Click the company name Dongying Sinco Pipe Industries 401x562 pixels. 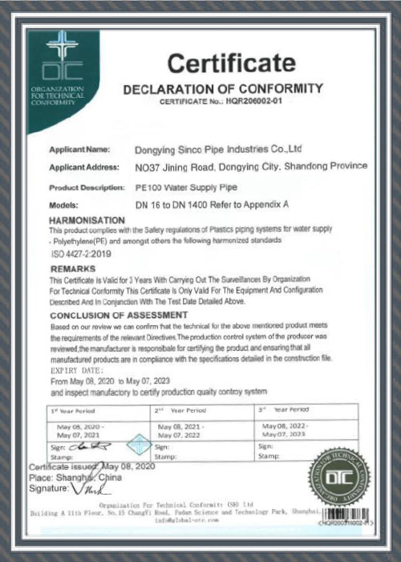(219, 150)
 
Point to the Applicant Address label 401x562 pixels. (84, 167)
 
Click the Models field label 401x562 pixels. (63, 205)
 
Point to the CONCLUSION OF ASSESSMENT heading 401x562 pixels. (113, 316)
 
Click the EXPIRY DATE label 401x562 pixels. (77, 372)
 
